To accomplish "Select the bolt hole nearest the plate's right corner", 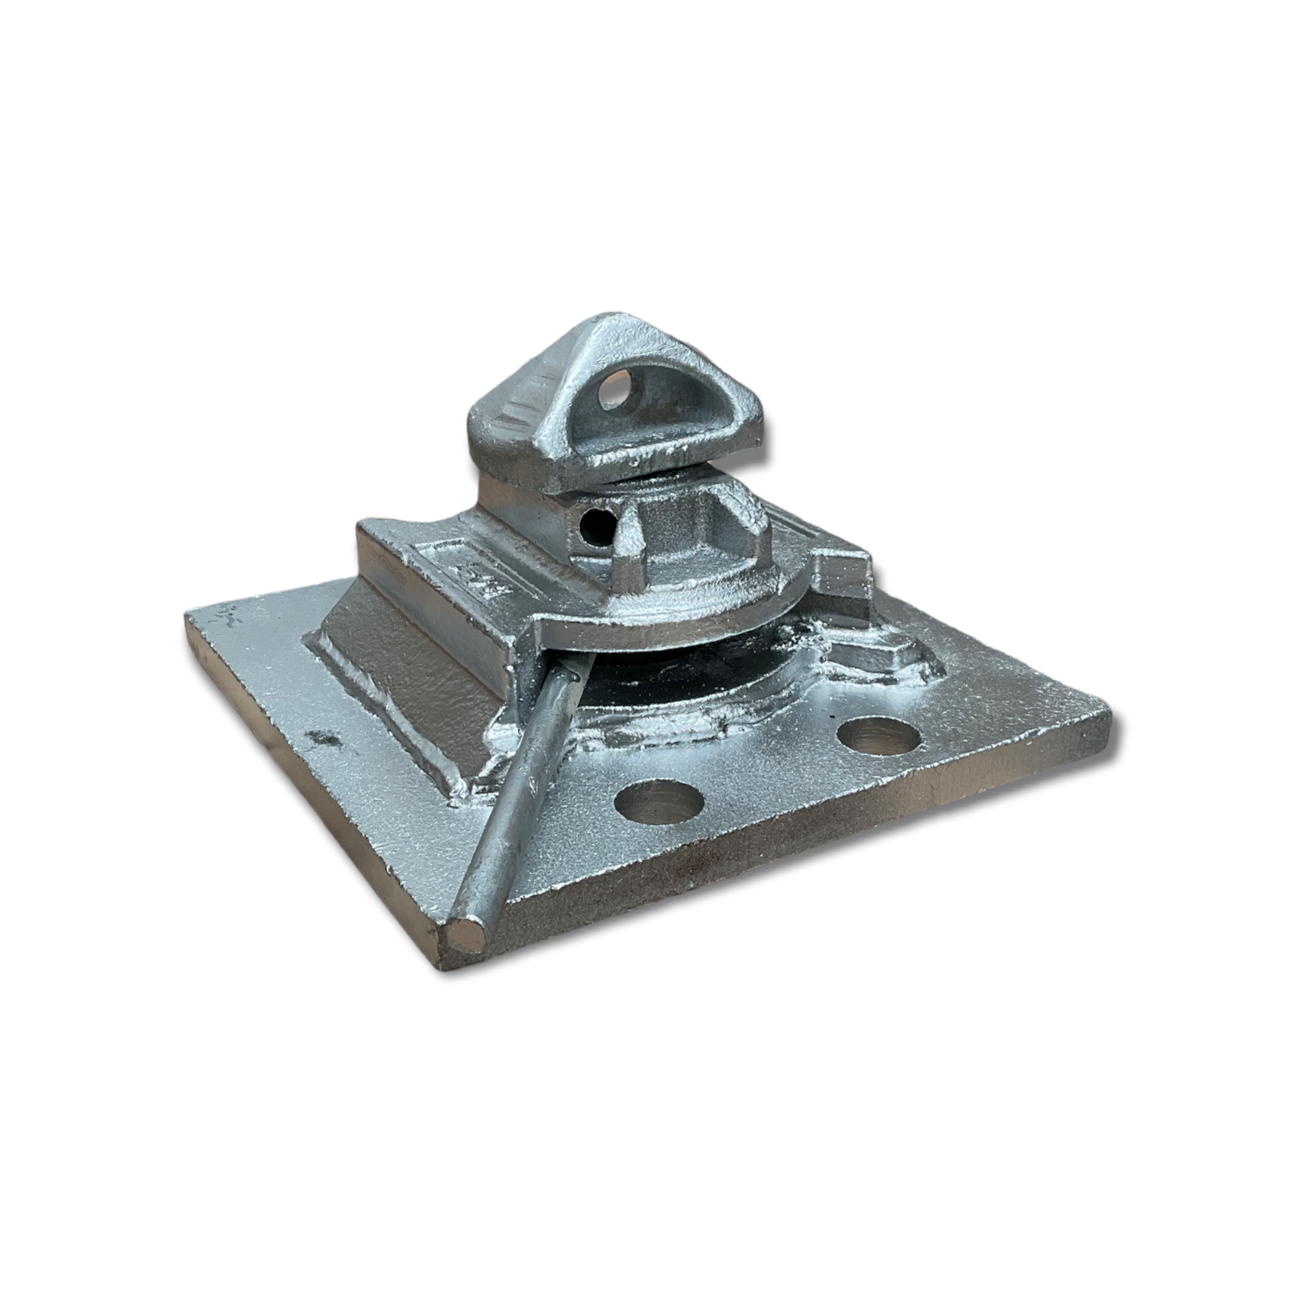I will [x=879, y=735].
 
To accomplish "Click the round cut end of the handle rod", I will [x=466, y=937].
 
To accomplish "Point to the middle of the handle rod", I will [x=524, y=790].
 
